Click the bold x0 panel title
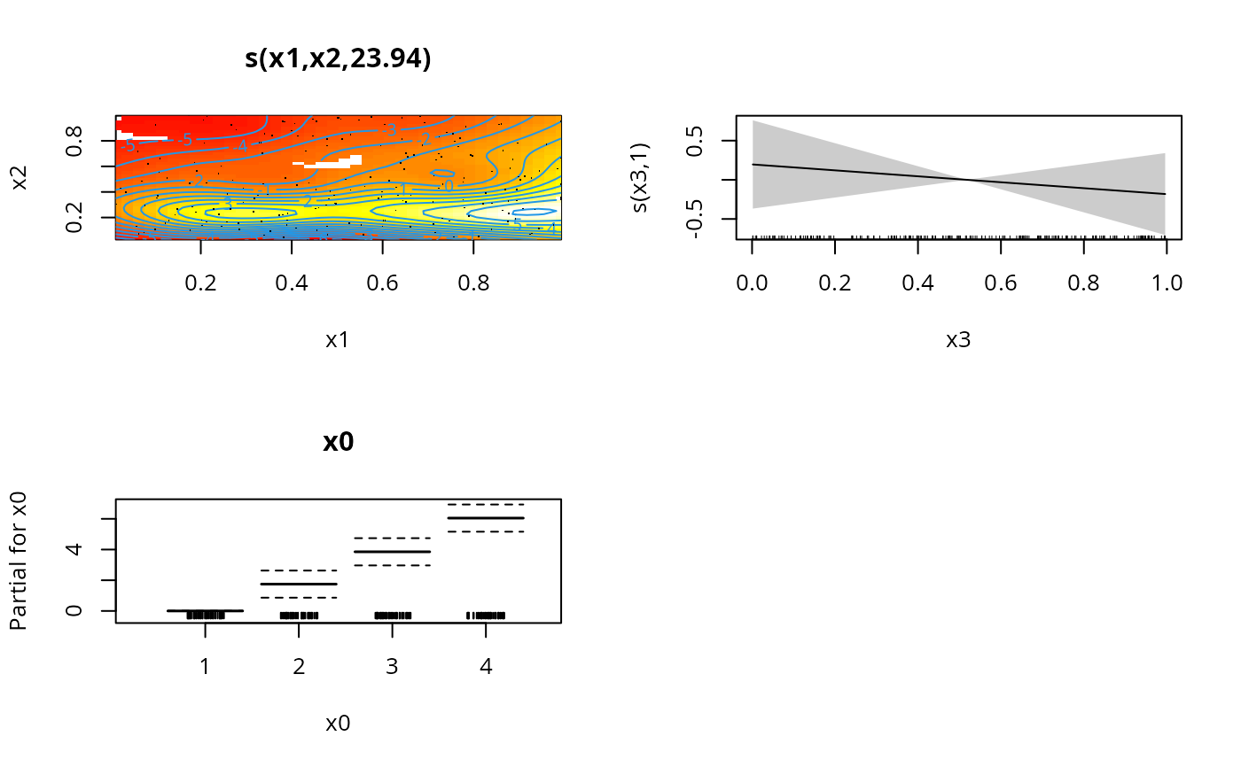(338, 443)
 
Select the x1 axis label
(338, 340)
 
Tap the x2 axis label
(20, 178)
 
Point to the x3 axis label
(958, 340)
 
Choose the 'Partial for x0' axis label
(18, 562)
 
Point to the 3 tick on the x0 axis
(392, 666)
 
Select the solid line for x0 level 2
(299, 584)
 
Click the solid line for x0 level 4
(486, 517)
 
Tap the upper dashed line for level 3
(392, 538)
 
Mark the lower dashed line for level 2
(299, 598)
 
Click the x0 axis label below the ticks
(338, 724)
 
